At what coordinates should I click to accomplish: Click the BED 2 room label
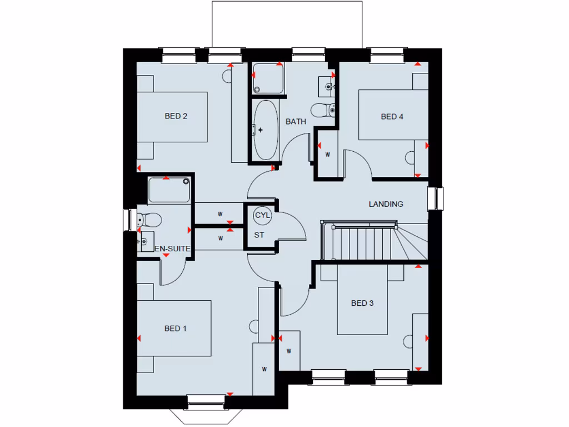click(176, 116)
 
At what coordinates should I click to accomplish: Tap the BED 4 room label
click(392, 116)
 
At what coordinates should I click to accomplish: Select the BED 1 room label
click(176, 329)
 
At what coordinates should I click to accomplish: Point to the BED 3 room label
click(362, 303)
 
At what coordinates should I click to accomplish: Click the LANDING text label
click(386, 204)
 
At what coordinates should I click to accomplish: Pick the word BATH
click(296, 121)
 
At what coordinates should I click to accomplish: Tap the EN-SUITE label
click(173, 250)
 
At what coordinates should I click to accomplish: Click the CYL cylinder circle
click(261, 215)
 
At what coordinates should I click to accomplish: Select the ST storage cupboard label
click(259, 235)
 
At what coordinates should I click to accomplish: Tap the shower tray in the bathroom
click(268, 78)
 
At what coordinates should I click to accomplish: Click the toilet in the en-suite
click(149, 220)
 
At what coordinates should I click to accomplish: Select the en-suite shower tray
click(169, 190)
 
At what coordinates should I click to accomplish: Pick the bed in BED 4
click(393, 115)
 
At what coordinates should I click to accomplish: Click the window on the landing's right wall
click(436, 198)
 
